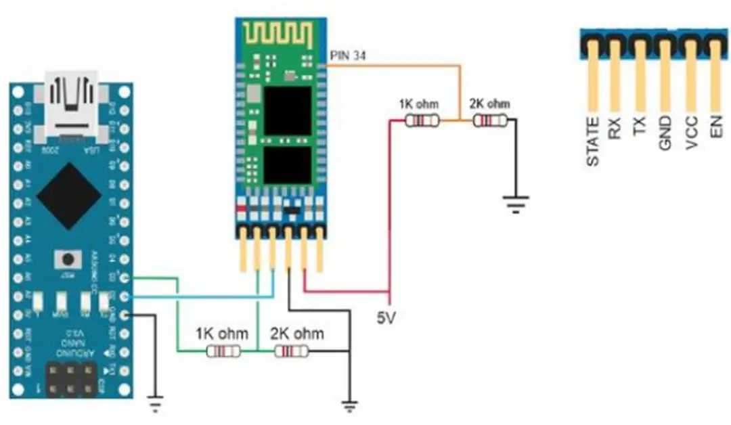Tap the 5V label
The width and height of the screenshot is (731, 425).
click(388, 316)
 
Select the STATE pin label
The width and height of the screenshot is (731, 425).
click(593, 141)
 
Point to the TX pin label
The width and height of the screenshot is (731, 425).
click(640, 128)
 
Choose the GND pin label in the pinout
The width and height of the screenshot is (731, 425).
click(665, 133)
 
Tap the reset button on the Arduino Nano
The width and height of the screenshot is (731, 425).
click(68, 259)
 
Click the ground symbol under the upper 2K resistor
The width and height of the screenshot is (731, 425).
click(515, 202)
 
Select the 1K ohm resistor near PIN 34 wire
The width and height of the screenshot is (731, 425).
click(422, 120)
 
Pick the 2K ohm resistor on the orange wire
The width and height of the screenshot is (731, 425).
click(489, 120)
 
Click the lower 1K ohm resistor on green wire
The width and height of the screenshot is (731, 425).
click(223, 351)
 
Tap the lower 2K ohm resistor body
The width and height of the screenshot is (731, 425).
click(291, 351)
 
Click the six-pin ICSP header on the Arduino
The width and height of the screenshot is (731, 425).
click(70, 379)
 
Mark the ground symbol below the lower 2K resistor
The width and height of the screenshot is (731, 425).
click(349, 406)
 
